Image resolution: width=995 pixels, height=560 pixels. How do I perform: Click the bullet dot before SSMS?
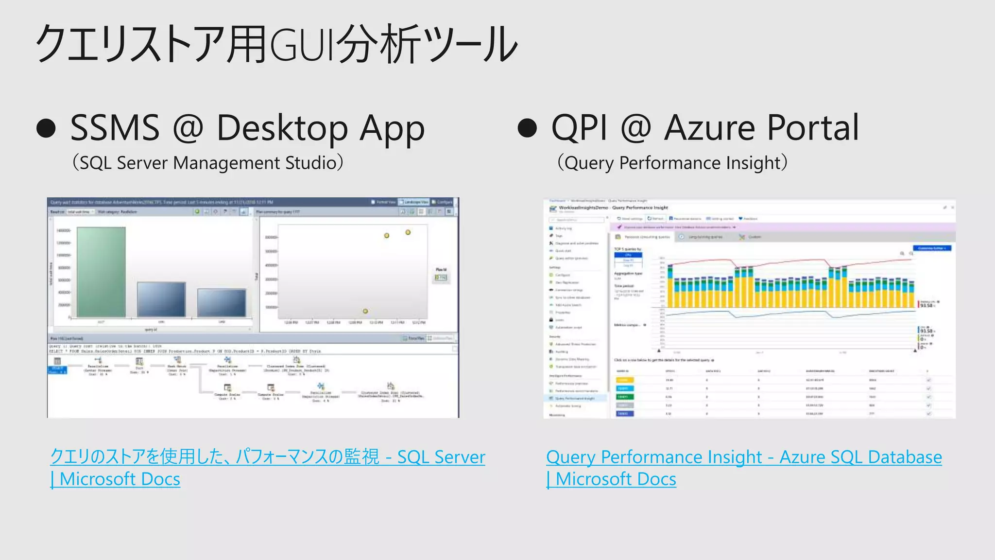[47, 128]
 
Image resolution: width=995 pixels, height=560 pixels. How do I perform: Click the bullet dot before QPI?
[528, 128]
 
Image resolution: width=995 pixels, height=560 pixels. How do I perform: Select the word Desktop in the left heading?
[282, 128]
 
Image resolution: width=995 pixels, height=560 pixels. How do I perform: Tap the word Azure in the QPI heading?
[709, 128]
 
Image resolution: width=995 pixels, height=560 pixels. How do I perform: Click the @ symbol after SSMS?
[188, 128]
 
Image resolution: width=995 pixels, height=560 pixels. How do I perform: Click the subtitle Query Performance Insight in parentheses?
[672, 163]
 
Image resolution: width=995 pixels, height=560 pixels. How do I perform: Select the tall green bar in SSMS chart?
[101, 272]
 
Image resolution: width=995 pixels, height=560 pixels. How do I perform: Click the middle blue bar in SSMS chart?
[161, 299]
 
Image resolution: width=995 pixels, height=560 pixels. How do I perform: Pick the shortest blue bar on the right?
[222, 303]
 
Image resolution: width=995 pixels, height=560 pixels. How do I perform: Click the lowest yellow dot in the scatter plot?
[365, 311]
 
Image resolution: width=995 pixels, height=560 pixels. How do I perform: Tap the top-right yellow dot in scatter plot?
[408, 232]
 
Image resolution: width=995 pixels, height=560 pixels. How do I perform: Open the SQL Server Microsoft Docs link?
[267, 457]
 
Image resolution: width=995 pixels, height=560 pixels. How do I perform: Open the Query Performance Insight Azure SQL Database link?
[743, 457]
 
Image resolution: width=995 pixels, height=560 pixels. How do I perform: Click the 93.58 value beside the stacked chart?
[926, 305]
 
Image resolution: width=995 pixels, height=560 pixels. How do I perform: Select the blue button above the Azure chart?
[932, 248]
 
